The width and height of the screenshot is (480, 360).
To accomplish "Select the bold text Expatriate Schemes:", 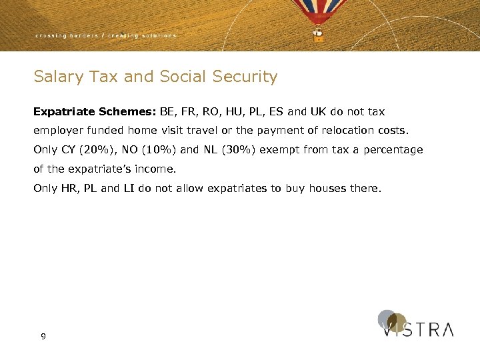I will point(95,111).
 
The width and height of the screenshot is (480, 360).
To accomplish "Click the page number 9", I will point(43,337).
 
